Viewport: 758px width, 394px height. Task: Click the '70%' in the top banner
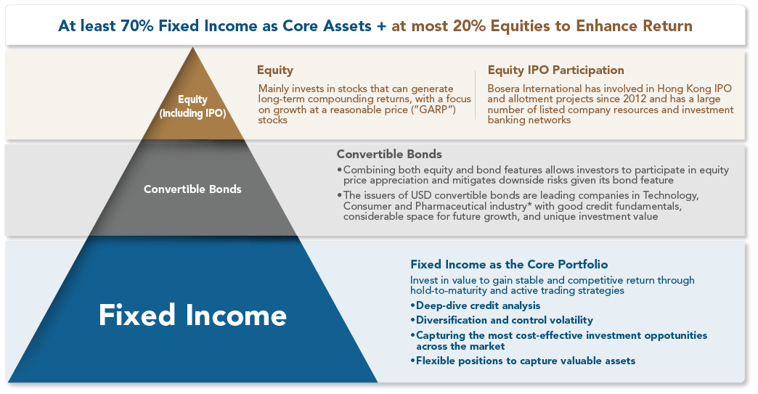[137, 25]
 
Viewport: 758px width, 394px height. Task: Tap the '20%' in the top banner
[469, 25]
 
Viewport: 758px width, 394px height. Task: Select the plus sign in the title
[381, 26]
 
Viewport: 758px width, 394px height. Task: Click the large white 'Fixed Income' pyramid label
[192, 316]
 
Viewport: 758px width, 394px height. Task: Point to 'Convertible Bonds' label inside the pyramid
[192, 189]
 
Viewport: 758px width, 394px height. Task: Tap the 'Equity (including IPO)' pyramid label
[192, 106]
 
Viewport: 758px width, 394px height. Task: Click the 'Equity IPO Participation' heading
[555, 70]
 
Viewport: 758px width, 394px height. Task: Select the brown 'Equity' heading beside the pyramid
[275, 70]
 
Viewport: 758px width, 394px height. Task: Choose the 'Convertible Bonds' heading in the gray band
[389, 154]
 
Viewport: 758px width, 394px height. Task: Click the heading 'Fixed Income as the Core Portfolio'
[509, 264]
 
